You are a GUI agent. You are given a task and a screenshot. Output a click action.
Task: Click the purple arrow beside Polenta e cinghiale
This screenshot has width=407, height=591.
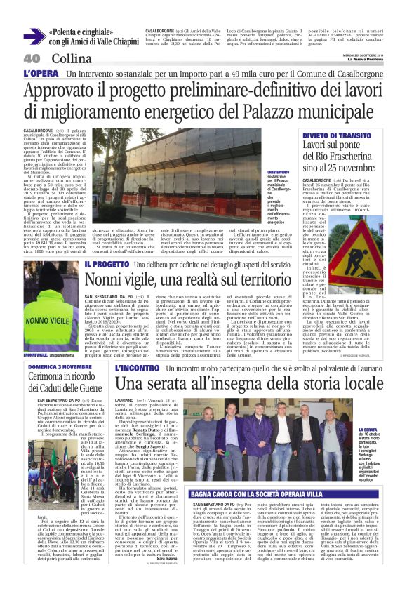[32, 36]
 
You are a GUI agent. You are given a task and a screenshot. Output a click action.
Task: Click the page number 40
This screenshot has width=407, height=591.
[32, 58]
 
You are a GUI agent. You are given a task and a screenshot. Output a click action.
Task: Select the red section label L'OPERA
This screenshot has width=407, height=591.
[41, 73]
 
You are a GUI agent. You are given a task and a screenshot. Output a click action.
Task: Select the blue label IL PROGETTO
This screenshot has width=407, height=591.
[106, 264]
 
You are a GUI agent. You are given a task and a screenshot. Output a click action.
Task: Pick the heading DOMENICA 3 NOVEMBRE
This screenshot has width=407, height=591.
[57, 366]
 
